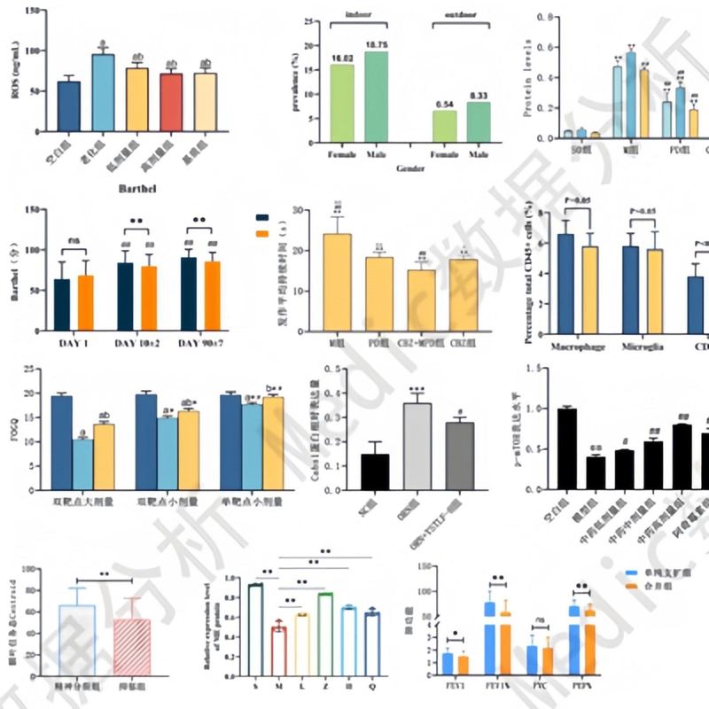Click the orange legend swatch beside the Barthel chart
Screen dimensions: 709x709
coord(261,233)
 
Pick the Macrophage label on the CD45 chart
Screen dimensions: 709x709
coord(575,346)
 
